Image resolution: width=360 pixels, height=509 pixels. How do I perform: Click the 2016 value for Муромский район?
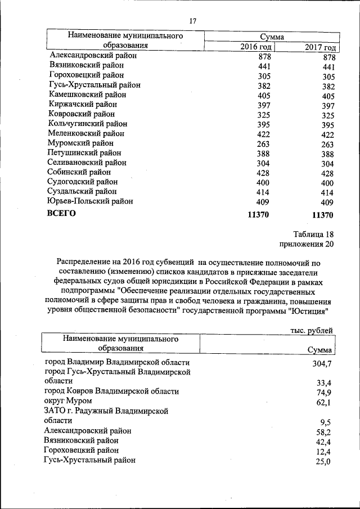pos(263,144)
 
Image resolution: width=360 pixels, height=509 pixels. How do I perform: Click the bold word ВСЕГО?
pos(62,214)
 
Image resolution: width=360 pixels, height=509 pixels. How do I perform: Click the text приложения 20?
pos(307,244)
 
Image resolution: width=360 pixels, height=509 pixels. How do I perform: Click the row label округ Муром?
pos(68,401)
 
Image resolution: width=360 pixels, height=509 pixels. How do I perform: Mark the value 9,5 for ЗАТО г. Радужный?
pos(325,423)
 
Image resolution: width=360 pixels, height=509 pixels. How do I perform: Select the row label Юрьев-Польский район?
pos(91,201)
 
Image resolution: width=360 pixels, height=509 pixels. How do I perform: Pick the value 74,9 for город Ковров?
pos(323,393)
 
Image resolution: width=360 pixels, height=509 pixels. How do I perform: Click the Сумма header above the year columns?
pos(272,37)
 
